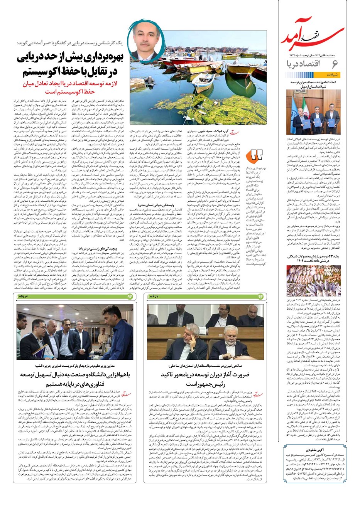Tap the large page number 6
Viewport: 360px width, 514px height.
[x=335, y=64]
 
